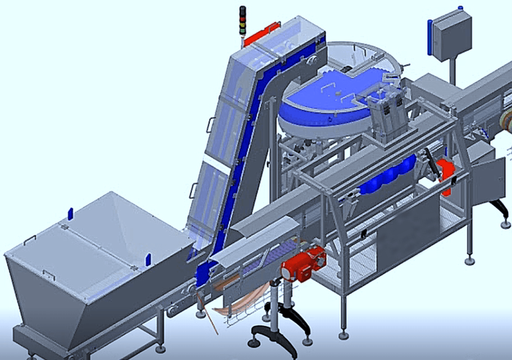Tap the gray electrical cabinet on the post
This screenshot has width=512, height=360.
click(x=452, y=35)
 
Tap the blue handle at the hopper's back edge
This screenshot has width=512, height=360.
click(x=70, y=213)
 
